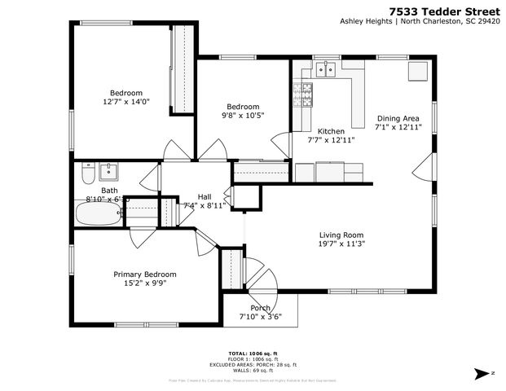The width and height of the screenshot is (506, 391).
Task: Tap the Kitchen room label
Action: click(x=331, y=131)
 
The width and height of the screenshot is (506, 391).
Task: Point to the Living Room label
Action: click(x=341, y=235)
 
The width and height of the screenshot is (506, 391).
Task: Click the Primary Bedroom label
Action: click(x=144, y=275)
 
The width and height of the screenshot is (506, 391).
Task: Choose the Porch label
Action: click(x=260, y=307)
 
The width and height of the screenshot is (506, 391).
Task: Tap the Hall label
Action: click(x=205, y=196)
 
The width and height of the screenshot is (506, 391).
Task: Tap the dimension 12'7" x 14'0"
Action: click(x=126, y=102)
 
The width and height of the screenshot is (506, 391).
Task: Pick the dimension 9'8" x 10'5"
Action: click(x=243, y=116)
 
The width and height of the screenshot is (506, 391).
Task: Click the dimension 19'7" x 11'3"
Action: click(x=341, y=244)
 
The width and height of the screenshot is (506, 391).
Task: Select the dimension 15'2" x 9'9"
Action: click(x=144, y=283)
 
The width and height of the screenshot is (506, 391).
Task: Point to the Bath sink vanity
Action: click(x=108, y=171)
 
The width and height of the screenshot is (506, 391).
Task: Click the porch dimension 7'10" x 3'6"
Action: click(x=260, y=316)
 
